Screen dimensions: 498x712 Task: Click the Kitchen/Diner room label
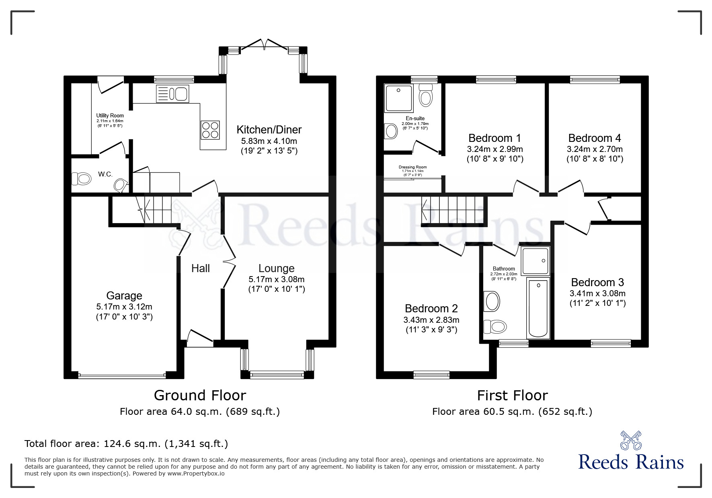269,130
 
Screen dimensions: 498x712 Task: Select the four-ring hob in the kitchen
211,130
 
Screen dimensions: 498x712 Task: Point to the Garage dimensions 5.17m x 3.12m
124,307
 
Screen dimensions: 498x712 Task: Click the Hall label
200,268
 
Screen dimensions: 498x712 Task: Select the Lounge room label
276,268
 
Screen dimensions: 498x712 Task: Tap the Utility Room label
110,116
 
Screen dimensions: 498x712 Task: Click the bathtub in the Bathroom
538,308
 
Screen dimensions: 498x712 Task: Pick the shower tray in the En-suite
398,98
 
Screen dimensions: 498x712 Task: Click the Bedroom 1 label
495,138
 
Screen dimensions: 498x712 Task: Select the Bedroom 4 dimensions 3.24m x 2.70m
594,149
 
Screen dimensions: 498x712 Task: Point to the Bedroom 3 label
597,283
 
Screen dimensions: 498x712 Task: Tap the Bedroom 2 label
431,309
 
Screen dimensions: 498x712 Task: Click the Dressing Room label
412,167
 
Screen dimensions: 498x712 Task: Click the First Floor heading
512,396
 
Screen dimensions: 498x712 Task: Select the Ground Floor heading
200,396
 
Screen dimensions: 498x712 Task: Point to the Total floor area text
126,444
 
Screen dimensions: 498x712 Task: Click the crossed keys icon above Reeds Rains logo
630,441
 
